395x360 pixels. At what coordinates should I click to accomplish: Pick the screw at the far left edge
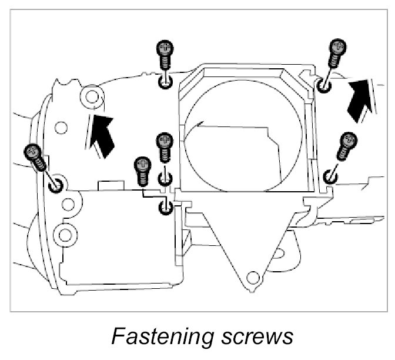pos(34,156)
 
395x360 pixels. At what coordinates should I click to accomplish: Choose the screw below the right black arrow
pos(346,146)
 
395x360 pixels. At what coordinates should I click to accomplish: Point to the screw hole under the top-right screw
pos(323,86)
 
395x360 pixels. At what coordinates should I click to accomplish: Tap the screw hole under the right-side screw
pos(329,176)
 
